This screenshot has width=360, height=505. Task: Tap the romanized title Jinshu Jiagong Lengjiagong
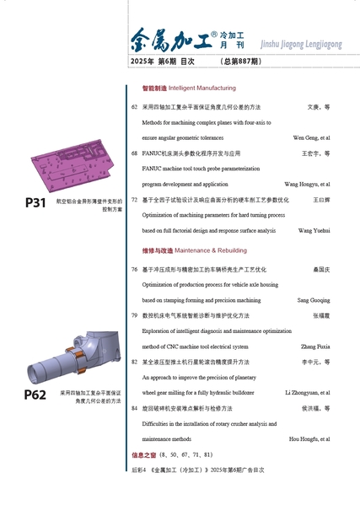[301, 44]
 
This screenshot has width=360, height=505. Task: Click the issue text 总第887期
[241, 62]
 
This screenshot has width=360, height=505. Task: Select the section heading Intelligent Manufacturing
[202, 88]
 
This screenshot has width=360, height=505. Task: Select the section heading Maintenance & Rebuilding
[211, 250]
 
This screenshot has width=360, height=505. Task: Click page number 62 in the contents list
[134, 107]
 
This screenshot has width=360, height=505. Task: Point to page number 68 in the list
[134, 153]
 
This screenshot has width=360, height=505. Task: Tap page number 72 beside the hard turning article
[134, 200]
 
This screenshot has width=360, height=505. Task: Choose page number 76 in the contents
[134, 269]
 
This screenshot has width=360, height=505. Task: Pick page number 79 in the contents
[134, 315]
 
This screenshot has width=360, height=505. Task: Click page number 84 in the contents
[134, 408]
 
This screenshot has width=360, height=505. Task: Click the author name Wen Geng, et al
[311, 138]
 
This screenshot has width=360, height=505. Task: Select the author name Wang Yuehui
[314, 231]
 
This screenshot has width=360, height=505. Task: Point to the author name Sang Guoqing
[314, 300]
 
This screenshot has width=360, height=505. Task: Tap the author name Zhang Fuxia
[315, 347]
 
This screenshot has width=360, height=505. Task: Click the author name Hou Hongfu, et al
[309, 439]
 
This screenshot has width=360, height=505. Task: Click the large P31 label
[35, 203]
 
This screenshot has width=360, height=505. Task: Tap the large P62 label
[35, 395]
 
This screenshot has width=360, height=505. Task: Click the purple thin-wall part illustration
[73, 166]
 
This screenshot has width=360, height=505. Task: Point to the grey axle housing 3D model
[73, 357]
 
